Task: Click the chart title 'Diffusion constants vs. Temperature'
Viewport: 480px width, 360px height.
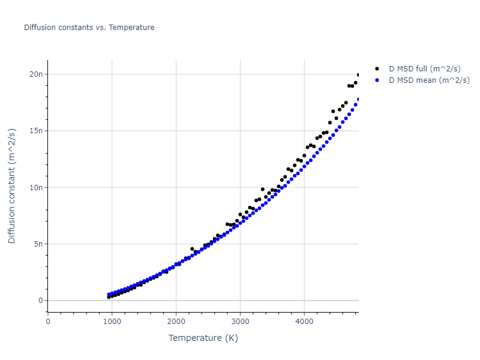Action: [x=89, y=28]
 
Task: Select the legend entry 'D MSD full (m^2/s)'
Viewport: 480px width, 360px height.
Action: [x=426, y=69]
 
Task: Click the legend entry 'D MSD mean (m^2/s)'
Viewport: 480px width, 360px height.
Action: [x=429, y=80]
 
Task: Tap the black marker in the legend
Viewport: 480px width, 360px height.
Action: [x=377, y=69]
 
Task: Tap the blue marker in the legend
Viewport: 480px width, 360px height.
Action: [x=377, y=80]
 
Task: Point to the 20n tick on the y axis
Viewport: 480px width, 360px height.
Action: [x=35, y=74]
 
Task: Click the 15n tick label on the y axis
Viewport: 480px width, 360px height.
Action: [x=35, y=131]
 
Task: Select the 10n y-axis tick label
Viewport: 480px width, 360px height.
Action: [x=35, y=188]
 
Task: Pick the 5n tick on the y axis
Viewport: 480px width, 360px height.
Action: [x=37, y=244]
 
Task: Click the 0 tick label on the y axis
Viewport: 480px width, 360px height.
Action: [x=40, y=301]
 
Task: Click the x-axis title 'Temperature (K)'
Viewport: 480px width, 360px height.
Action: [x=203, y=338]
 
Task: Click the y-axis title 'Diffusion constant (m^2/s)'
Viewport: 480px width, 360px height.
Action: [x=12, y=186]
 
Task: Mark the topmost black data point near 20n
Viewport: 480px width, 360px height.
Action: [x=358, y=75]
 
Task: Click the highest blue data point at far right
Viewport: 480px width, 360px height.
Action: [x=358, y=100]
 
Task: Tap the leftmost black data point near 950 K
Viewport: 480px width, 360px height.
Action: [x=109, y=297]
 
